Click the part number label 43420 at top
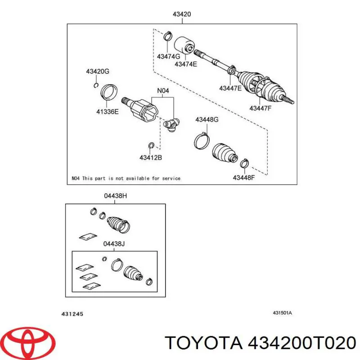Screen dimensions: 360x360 [x=182, y=14]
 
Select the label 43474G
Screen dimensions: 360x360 [x=168, y=56]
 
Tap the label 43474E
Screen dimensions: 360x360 [x=186, y=64]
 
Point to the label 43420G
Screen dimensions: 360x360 [x=98, y=72]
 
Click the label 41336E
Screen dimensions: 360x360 [x=108, y=112]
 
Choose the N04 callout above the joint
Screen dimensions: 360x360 [x=163, y=91]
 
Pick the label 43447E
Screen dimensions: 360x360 [x=230, y=88]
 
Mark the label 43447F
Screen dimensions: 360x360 [x=261, y=108]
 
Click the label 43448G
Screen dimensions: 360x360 [x=207, y=120]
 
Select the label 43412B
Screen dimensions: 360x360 [x=151, y=157]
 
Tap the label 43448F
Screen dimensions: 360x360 [x=244, y=177]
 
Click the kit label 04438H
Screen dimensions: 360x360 [x=115, y=196]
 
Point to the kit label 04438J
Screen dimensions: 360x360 [x=114, y=243]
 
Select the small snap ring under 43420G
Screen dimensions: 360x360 [x=96, y=85]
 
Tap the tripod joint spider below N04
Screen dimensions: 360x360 [x=171, y=125]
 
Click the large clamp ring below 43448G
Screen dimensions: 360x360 [x=202, y=141]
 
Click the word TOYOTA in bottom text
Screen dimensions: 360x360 [x=204, y=343]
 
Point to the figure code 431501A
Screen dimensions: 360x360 [x=282, y=313]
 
